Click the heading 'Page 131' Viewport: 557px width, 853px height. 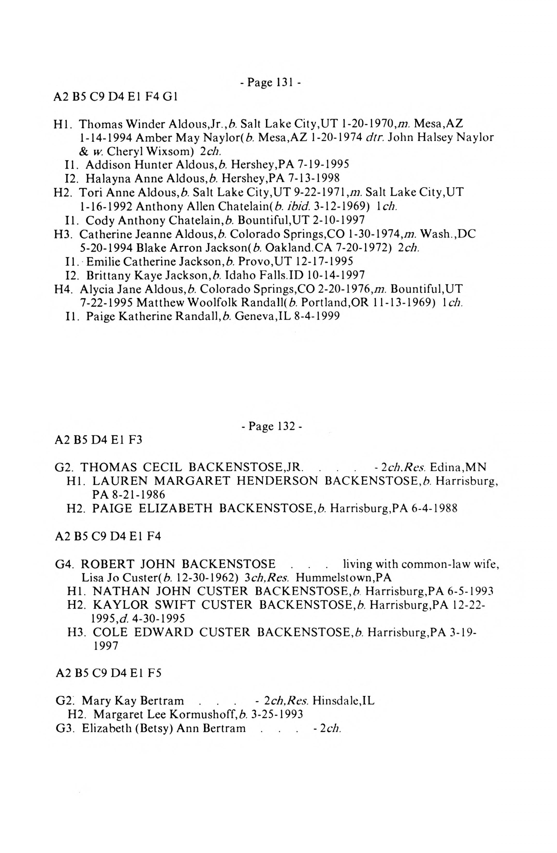point(270,83)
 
